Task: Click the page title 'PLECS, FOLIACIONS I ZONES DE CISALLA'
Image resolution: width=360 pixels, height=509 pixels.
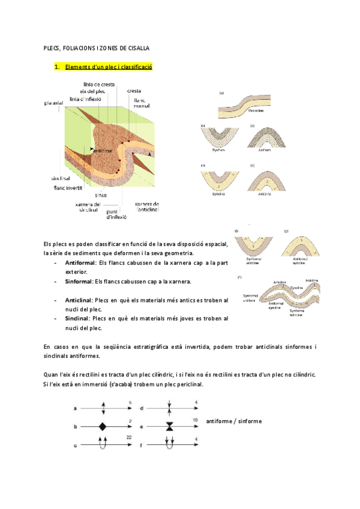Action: point(97,47)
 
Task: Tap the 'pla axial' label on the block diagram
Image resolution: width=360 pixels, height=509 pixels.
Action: point(53,103)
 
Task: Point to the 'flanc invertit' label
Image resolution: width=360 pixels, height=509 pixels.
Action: point(67,188)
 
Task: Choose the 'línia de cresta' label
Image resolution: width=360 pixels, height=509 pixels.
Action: point(100,85)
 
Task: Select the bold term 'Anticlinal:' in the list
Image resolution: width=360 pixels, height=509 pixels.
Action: point(79,300)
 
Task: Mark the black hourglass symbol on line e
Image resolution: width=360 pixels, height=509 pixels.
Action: point(170,427)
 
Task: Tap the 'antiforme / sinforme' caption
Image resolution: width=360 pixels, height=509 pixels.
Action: point(233,421)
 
